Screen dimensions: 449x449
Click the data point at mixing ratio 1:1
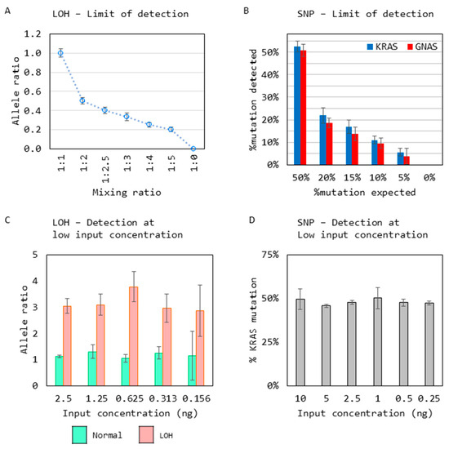tap(60, 53)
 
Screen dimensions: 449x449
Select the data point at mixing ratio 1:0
tap(193, 149)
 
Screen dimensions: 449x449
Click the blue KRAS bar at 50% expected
tap(297, 105)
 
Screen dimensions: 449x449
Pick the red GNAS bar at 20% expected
tap(329, 144)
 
